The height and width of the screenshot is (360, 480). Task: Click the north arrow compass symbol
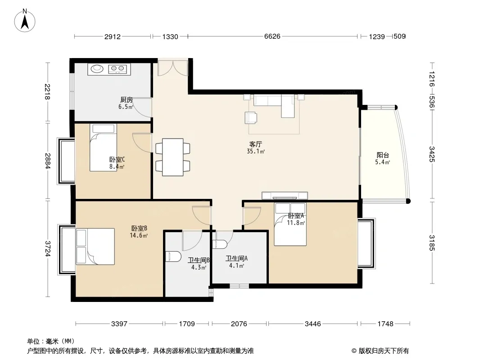[25, 21]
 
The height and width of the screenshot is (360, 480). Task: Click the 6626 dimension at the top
[272, 36]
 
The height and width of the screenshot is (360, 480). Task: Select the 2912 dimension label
[113, 37]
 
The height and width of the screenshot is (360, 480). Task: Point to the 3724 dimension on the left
[47, 248]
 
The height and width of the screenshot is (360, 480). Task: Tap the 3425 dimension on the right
[432, 154]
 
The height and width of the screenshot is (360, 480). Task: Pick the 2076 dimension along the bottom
[239, 324]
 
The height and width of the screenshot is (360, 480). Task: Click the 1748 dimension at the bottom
[385, 324]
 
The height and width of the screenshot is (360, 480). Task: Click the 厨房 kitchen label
[126, 100]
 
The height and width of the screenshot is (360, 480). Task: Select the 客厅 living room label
[256, 144]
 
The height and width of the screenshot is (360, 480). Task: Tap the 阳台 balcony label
[383, 155]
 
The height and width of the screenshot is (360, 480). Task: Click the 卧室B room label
[139, 228]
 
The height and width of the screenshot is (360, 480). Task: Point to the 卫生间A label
[237, 258]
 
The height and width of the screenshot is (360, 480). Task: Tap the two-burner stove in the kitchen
[118, 69]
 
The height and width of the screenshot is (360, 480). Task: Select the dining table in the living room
[172, 157]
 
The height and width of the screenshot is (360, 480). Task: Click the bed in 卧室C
[103, 148]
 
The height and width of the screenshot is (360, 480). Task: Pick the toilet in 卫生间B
[173, 256]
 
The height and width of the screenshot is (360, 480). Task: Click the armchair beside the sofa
[251, 118]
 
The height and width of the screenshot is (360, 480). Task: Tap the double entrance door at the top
[172, 68]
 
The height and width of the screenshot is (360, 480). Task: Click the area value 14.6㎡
[139, 235]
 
